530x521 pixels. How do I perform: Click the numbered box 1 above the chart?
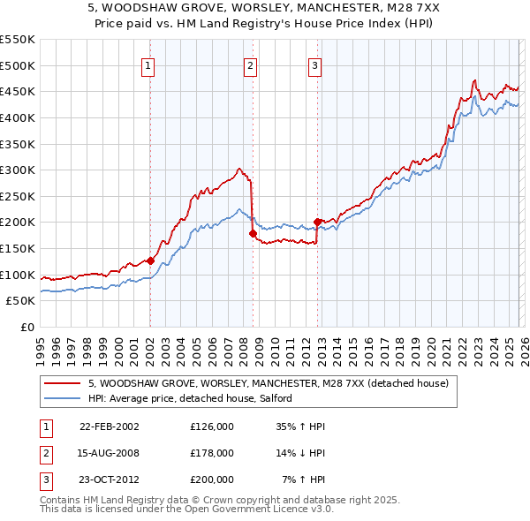tap(148, 64)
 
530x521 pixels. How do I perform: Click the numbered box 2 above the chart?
tap(251, 64)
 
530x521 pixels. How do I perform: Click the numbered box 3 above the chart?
tap(314, 64)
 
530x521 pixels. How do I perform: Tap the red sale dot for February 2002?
tap(150, 260)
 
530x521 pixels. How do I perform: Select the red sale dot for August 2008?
tap(253, 233)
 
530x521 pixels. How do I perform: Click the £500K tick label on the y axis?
tap(17, 65)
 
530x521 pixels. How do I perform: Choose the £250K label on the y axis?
tap(17, 196)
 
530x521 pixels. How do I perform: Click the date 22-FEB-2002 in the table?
tap(109, 427)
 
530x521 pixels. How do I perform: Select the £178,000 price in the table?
tap(212, 453)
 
